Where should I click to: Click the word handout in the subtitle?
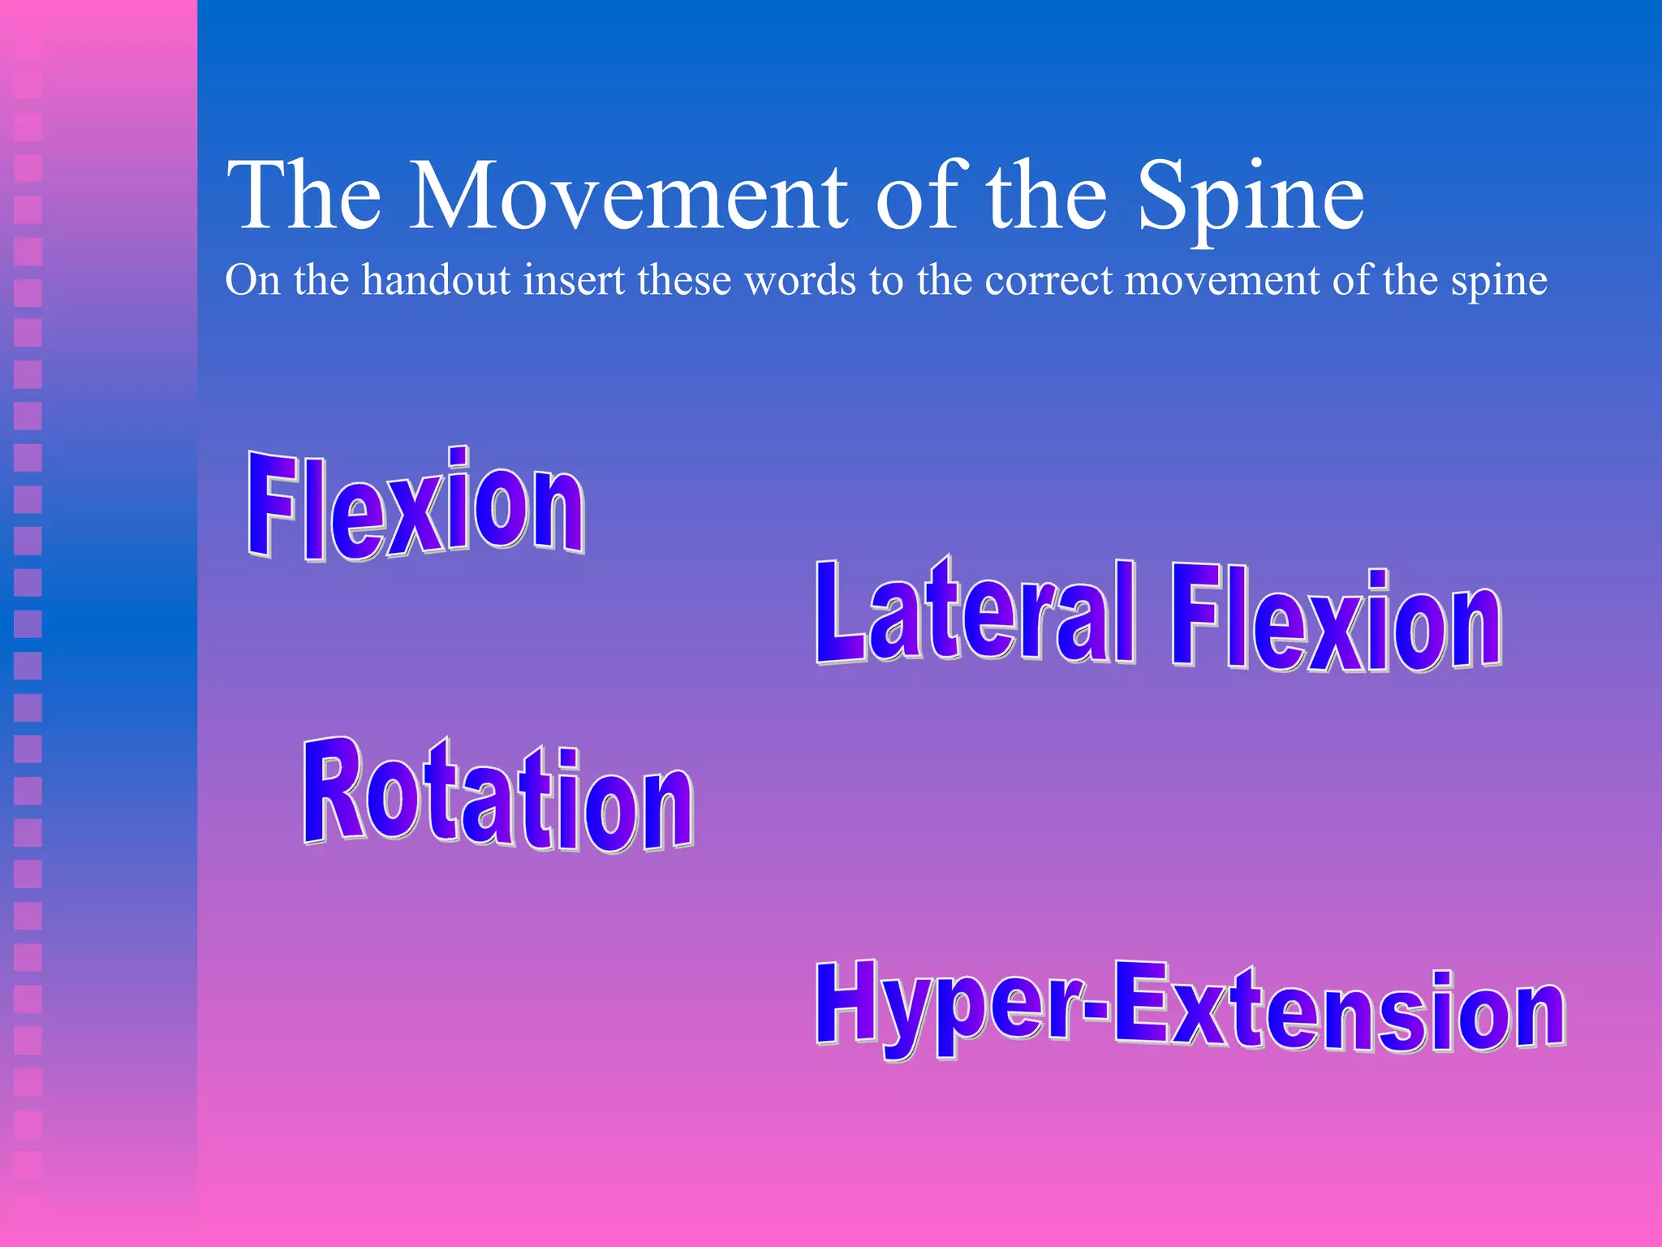(x=436, y=280)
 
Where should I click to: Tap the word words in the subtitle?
(x=800, y=280)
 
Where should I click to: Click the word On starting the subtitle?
(x=252, y=280)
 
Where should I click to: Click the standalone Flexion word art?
(x=415, y=504)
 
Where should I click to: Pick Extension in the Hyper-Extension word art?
(x=1339, y=1011)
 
